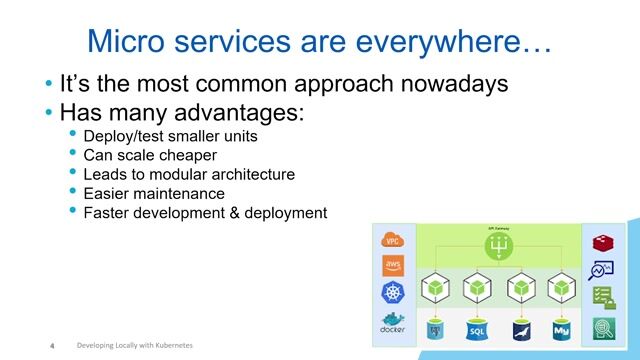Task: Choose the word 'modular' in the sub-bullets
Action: coord(178,174)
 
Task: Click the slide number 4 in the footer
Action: coord(51,346)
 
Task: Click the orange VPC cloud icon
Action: coord(393,240)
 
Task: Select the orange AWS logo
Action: coord(393,266)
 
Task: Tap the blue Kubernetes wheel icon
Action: coord(393,293)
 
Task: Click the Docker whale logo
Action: coord(393,321)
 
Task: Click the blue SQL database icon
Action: coord(477,329)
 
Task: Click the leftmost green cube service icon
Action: coord(434,288)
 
